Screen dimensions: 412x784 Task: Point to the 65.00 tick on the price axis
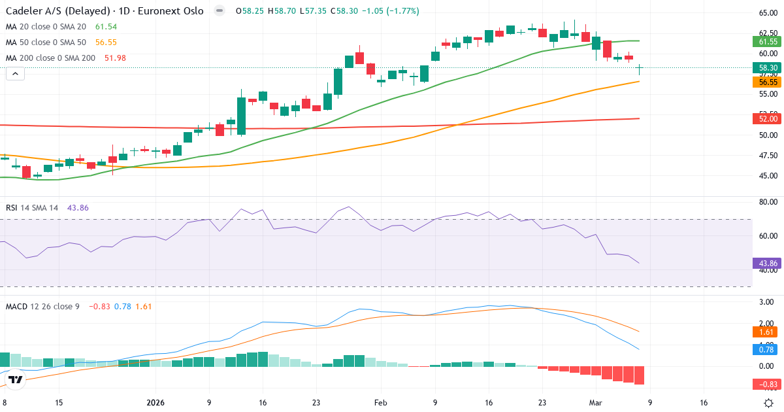767,12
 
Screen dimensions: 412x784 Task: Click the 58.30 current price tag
767,68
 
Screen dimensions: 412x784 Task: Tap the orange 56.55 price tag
767,82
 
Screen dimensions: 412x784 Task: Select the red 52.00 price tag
767,119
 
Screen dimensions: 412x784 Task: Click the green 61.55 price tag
767,41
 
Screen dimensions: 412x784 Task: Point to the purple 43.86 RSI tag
767,263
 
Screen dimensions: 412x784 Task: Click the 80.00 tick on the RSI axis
767,202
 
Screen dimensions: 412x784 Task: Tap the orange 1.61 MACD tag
767,332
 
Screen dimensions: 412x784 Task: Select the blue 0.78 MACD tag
767,349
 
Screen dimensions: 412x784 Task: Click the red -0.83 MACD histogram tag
767,384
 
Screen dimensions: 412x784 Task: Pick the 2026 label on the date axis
155,403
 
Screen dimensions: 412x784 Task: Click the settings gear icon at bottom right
769,403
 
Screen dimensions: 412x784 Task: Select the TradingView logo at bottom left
16,379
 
